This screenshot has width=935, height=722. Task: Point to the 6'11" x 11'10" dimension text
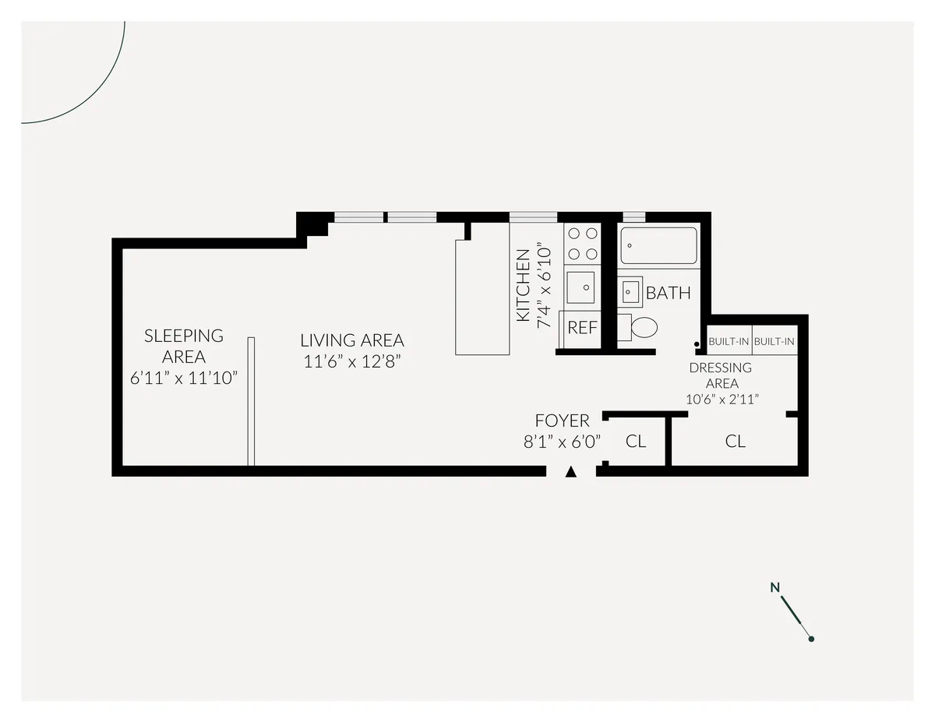[x=184, y=378]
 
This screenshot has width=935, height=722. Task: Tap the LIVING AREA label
[x=352, y=340]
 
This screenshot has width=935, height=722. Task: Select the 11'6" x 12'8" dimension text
[x=352, y=361]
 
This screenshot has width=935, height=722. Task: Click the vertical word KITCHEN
[x=524, y=285]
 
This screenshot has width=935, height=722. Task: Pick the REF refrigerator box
[x=581, y=328]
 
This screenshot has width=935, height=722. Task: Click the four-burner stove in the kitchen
[x=582, y=242]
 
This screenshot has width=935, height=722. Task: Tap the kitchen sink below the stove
[x=580, y=287]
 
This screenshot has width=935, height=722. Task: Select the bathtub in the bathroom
[x=658, y=245]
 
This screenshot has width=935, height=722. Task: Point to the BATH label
[x=669, y=294]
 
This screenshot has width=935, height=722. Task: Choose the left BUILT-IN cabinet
[x=729, y=341]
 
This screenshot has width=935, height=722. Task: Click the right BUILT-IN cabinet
[x=774, y=341]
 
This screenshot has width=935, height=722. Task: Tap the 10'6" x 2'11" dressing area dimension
[x=722, y=400]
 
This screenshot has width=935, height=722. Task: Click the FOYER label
[x=562, y=421]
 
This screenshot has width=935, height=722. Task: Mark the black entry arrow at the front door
[x=571, y=472]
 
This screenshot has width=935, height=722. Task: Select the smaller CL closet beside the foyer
[x=636, y=441]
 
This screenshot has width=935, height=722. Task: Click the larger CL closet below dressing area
[x=735, y=441]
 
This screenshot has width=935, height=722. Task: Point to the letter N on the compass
[x=774, y=587]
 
